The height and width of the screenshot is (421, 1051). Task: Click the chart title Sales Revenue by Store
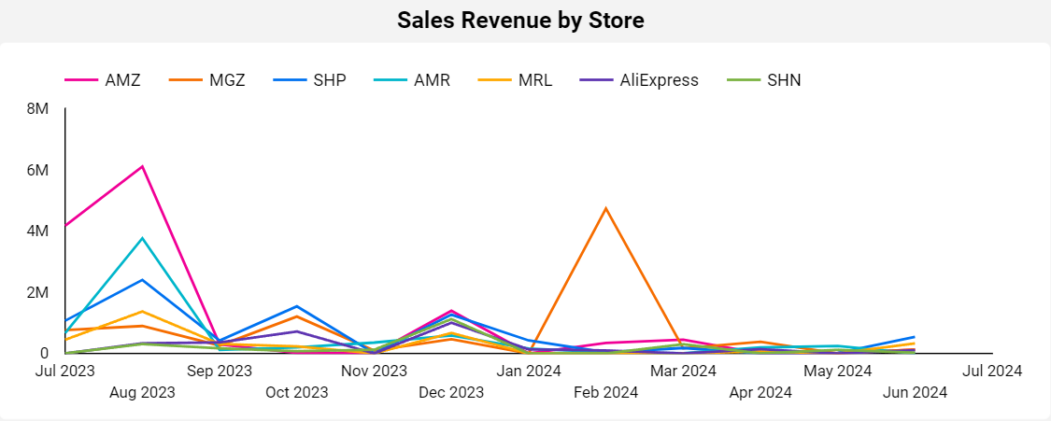[x=520, y=21]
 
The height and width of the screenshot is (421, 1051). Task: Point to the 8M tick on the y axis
[x=38, y=109]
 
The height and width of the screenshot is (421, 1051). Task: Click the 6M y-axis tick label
[x=38, y=170]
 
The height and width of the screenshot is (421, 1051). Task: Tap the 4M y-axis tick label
[x=38, y=232]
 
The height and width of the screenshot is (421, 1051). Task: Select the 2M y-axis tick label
[x=38, y=292]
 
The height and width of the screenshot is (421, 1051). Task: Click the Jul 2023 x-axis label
[x=64, y=371]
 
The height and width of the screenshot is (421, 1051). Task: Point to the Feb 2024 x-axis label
[x=606, y=392]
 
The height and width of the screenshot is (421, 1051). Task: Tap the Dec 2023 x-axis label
[x=451, y=392]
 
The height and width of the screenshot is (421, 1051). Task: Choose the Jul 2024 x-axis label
[x=991, y=371]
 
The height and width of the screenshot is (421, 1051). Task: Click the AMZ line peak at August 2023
[x=142, y=166]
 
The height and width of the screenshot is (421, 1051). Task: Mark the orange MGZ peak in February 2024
[x=606, y=208]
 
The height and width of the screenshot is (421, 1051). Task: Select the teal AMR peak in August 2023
[x=142, y=238]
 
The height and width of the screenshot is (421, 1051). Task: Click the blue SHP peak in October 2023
[x=296, y=306]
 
